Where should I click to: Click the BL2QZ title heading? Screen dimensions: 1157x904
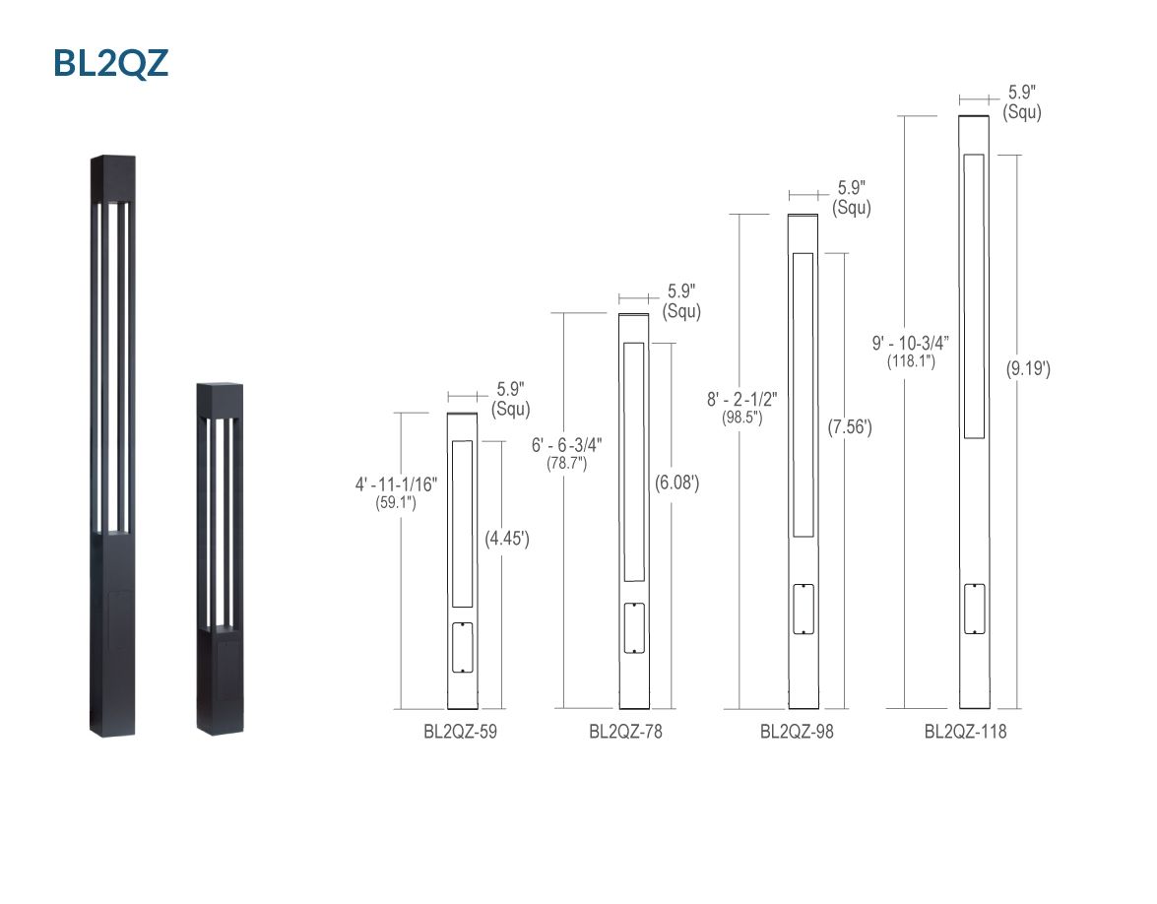[110, 63]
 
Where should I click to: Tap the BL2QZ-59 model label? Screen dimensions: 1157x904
[461, 732]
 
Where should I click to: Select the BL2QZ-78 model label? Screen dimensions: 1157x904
[625, 732]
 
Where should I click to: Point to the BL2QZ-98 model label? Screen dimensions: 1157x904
[797, 732]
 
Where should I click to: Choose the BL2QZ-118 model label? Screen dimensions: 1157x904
[965, 732]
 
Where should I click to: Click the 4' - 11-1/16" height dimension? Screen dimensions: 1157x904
[396, 484]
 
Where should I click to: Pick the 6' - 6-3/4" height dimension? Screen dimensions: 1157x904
[567, 445]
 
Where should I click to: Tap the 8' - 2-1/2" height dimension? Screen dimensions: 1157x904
[742, 399]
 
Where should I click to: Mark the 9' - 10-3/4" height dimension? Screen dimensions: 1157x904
[911, 343]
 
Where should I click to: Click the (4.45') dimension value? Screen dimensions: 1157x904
[507, 539]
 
